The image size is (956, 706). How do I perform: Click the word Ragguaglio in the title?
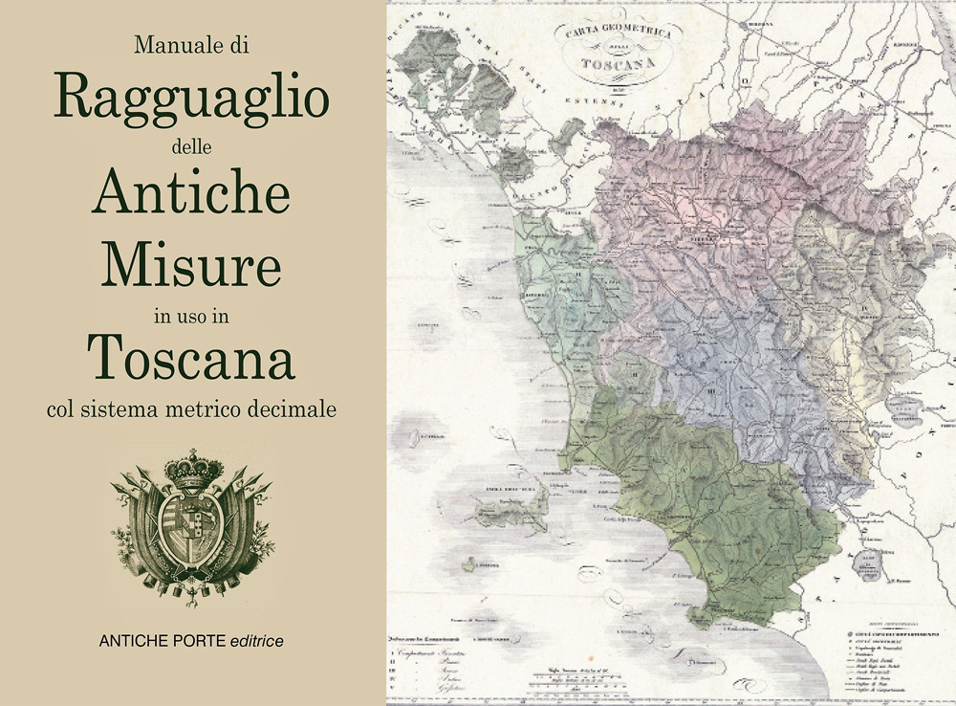192,99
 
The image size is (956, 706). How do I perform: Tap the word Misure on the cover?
192,263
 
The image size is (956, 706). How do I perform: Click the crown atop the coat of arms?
194,467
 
